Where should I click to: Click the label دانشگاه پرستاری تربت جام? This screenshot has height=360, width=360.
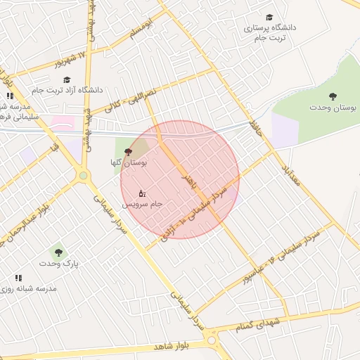coord(270,32)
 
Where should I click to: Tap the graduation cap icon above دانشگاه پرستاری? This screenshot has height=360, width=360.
coord(269,17)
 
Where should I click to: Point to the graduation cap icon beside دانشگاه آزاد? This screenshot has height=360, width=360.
coord(67,79)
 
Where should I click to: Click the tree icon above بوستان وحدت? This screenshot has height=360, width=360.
coord(333,96)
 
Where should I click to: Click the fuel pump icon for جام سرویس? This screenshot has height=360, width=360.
coord(141,193)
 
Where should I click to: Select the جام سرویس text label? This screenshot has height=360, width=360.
coord(143,204)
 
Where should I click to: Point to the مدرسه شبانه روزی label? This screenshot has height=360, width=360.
coord(36,289)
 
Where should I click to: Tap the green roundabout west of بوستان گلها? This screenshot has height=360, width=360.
coord(83,175)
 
